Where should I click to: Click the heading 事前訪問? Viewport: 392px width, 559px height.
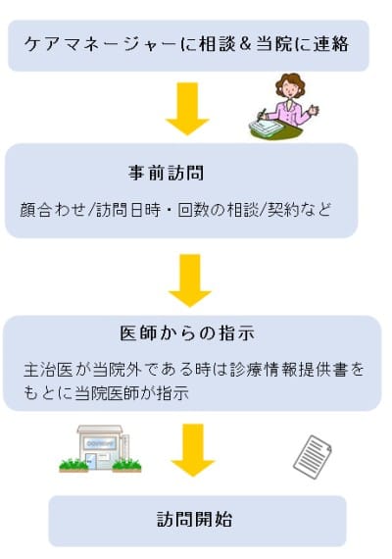[x=166, y=173]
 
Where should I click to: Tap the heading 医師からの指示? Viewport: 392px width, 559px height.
[x=187, y=333]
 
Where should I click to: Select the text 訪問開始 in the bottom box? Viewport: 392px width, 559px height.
[x=195, y=519]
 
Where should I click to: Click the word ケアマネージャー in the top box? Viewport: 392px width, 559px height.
[x=101, y=44]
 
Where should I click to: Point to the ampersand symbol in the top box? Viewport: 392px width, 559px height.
[x=244, y=44]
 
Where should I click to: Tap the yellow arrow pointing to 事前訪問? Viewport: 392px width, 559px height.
[x=187, y=109]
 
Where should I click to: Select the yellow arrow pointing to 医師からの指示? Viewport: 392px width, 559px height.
[x=190, y=280]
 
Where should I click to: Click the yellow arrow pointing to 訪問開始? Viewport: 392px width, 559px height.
[x=193, y=450]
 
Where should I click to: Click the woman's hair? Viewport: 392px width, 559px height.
[x=290, y=81]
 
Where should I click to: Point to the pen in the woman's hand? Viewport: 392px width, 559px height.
[x=263, y=114]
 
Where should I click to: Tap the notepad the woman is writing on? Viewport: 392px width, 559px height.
[x=265, y=127]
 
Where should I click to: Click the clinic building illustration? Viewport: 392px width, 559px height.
[x=100, y=448]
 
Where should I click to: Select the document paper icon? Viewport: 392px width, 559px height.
[x=313, y=457]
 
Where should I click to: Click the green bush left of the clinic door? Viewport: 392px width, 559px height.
[x=73, y=465]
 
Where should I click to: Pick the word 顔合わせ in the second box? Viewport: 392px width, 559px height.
[x=54, y=210]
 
